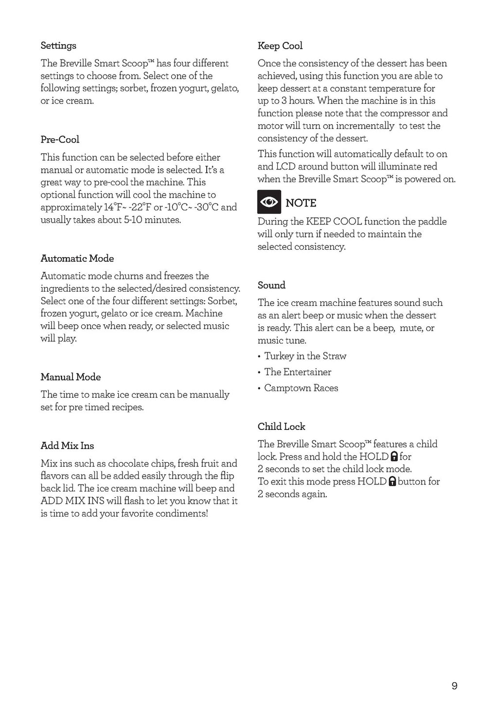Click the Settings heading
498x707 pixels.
[58, 46]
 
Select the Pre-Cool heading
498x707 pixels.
[60, 140]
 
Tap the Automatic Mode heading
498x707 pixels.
[77, 259]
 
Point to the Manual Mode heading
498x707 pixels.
[71, 377]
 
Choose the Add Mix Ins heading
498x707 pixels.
[67, 446]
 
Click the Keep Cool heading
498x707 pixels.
[280, 46]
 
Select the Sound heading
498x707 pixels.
[271, 285]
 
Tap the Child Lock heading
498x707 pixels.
[281, 427]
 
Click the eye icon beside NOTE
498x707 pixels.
[269, 202]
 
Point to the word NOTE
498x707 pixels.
[301, 203]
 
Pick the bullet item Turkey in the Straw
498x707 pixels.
[305, 356]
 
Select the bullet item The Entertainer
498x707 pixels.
[297, 372]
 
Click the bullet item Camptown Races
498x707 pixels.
[301, 389]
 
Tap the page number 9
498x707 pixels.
[454, 686]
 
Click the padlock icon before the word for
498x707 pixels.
[394, 457]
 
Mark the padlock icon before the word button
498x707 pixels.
[392, 482]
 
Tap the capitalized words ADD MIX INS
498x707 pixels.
[72, 501]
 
